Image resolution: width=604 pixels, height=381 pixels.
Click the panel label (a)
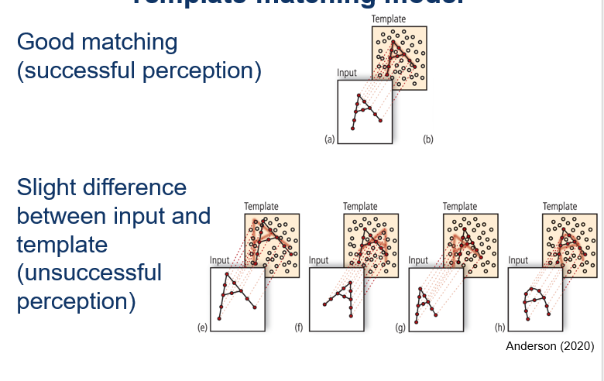[x=328, y=139]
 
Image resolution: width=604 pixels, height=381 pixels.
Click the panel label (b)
[x=427, y=139]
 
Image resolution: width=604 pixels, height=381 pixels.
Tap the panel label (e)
[x=202, y=328]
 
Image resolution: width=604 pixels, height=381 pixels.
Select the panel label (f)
[x=298, y=328]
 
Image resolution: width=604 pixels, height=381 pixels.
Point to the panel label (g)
[x=400, y=328]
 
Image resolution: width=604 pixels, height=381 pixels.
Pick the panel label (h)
[x=500, y=328]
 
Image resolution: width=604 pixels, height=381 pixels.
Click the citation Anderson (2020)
[x=549, y=346]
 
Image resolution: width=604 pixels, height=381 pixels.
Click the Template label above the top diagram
[x=388, y=18]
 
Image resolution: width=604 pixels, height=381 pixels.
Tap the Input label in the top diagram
[x=347, y=73]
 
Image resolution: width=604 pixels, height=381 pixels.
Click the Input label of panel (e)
[x=220, y=260]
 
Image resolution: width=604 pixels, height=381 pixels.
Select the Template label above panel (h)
[x=559, y=206]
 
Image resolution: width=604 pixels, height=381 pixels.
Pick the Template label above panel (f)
[x=360, y=206]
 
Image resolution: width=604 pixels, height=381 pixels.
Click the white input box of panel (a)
[x=365, y=113]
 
